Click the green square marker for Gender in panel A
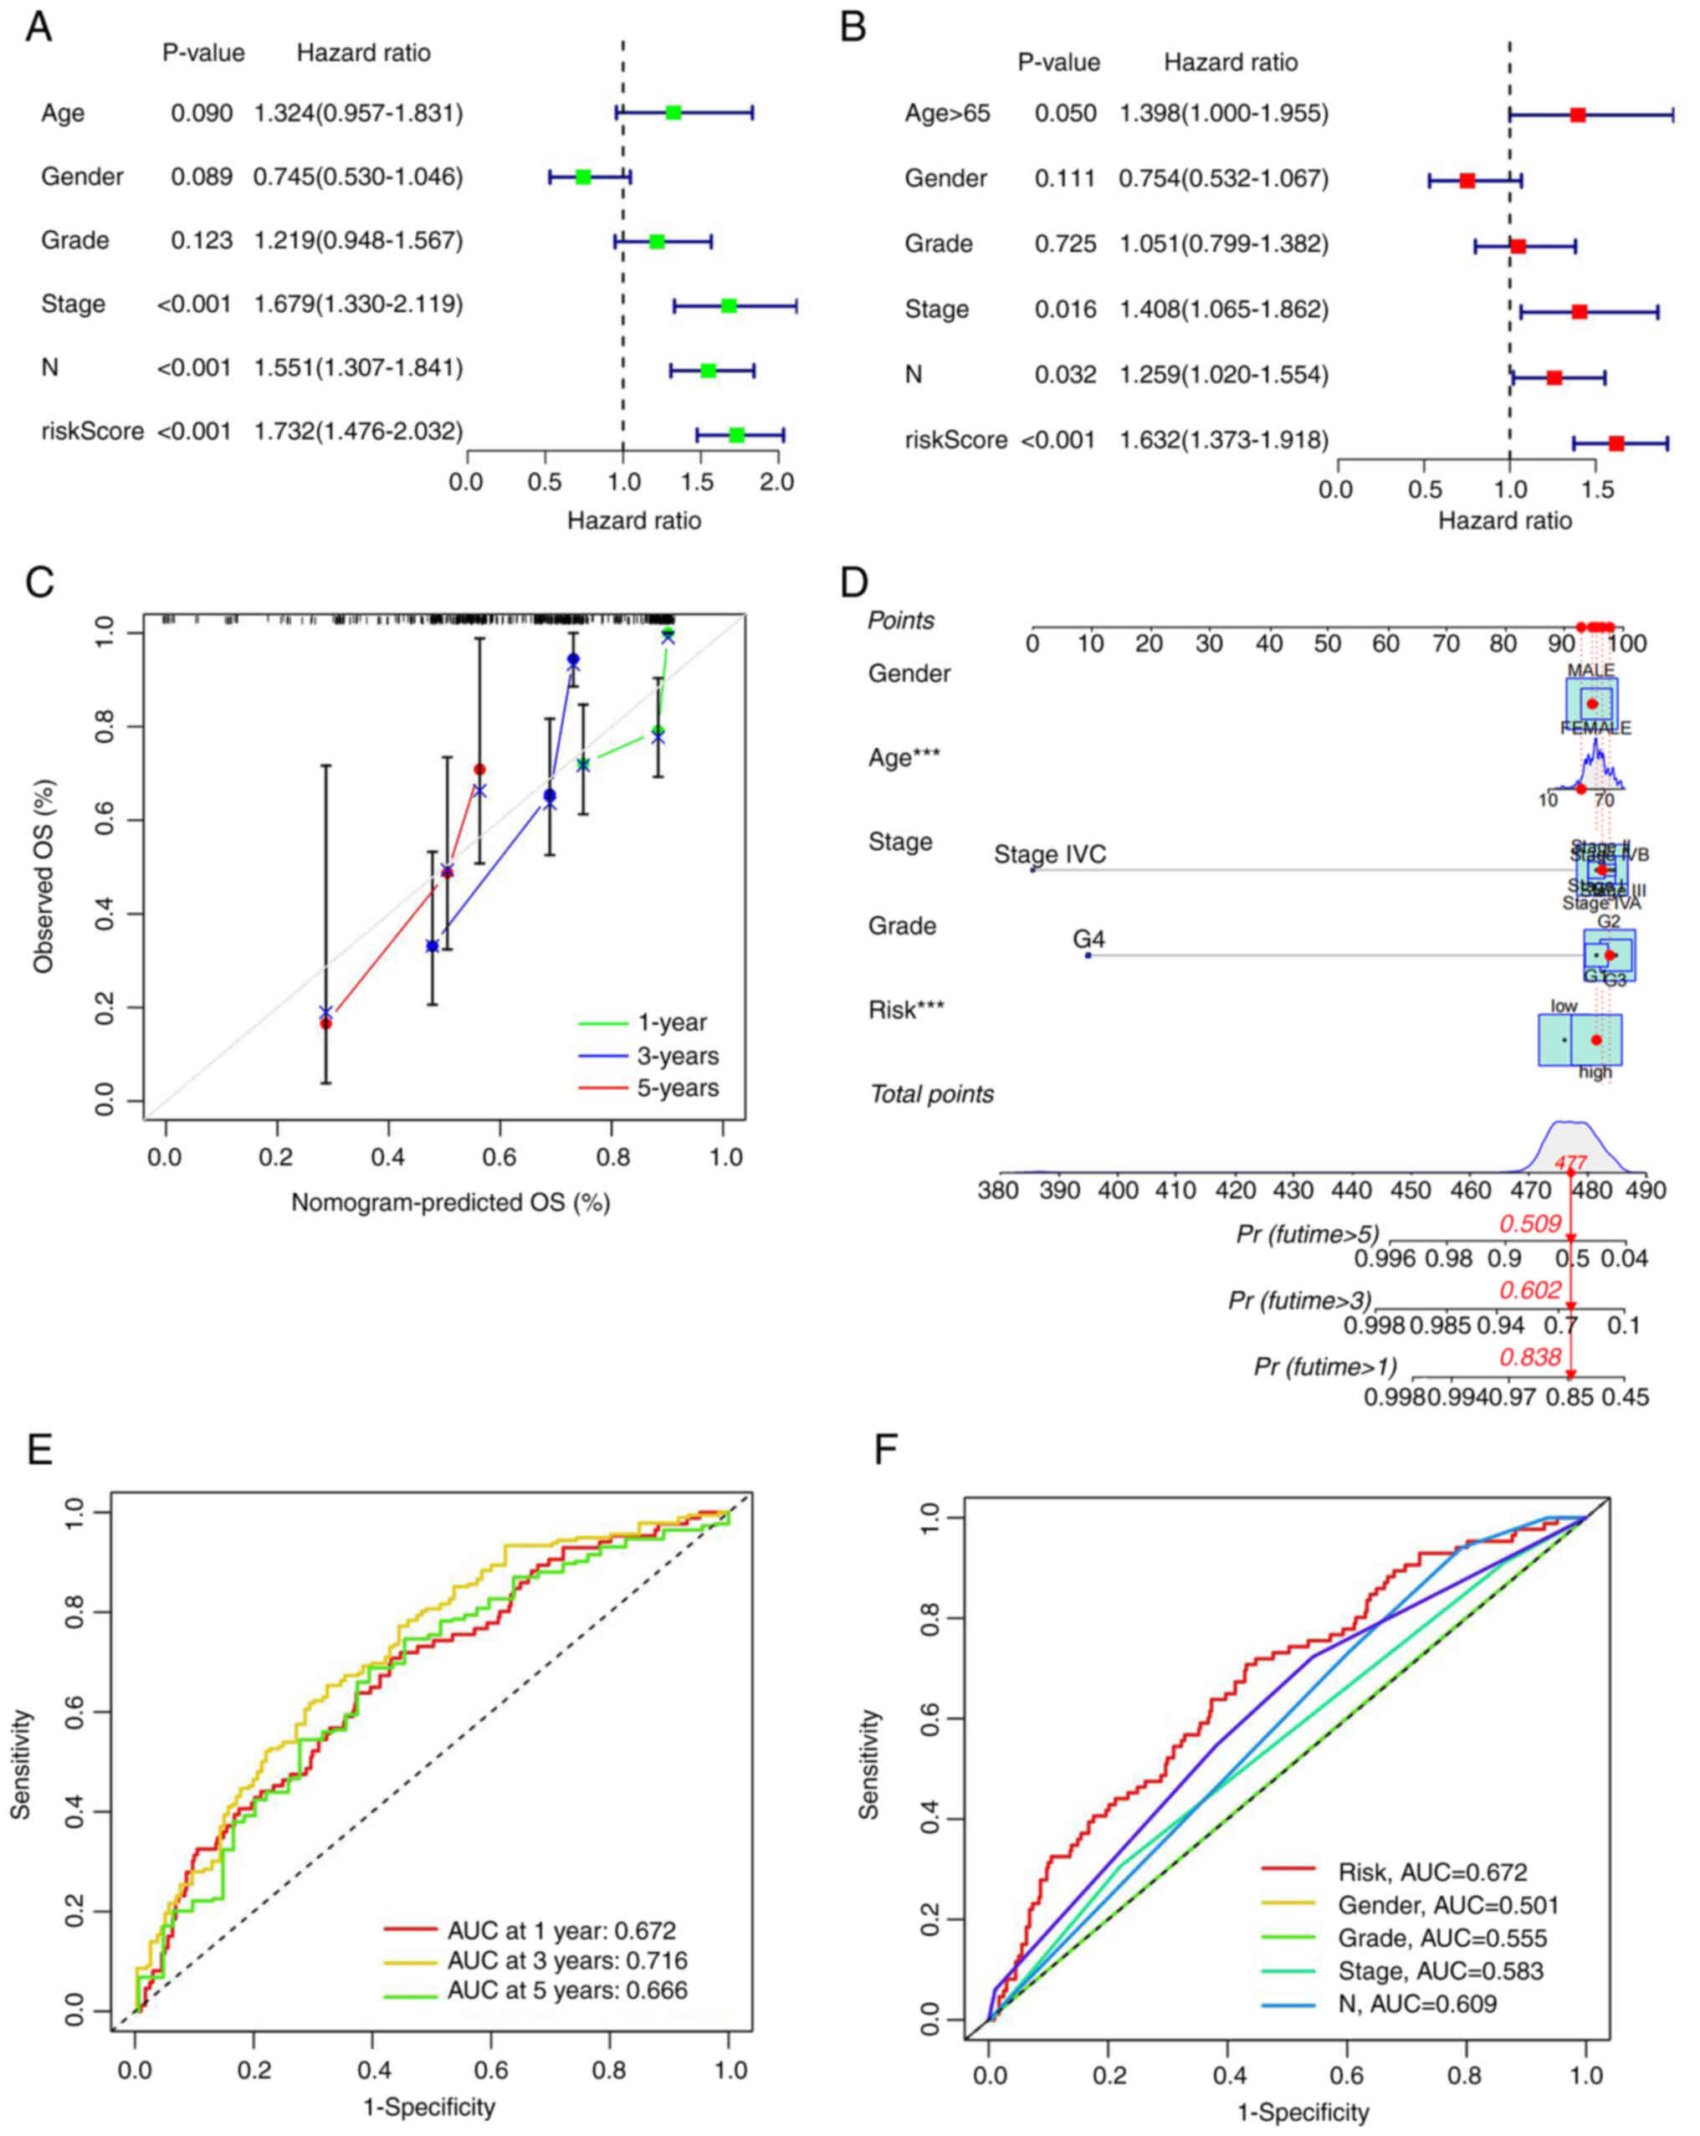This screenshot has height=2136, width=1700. pyautogui.click(x=582, y=177)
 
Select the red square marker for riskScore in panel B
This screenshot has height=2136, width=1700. pyautogui.click(x=1616, y=443)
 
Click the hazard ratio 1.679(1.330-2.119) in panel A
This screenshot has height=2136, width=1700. pyautogui.click(x=357, y=305)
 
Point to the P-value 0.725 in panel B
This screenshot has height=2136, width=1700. pyautogui.click(x=1065, y=243)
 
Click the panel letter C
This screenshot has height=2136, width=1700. pyautogui.click(x=39, y=582)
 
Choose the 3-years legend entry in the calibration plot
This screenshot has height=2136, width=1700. pyautogui.click(x=678, y=1055)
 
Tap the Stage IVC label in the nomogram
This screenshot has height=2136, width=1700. pyautogui.click(x=1049, y=854)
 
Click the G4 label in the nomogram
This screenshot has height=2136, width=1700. pyautogui.click(x=1088, y=938)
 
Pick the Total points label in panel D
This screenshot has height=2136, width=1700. pyautogui.click(x=931, y=1094)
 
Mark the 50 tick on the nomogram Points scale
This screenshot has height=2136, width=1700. pyautogui.click(x=1327, y=643)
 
